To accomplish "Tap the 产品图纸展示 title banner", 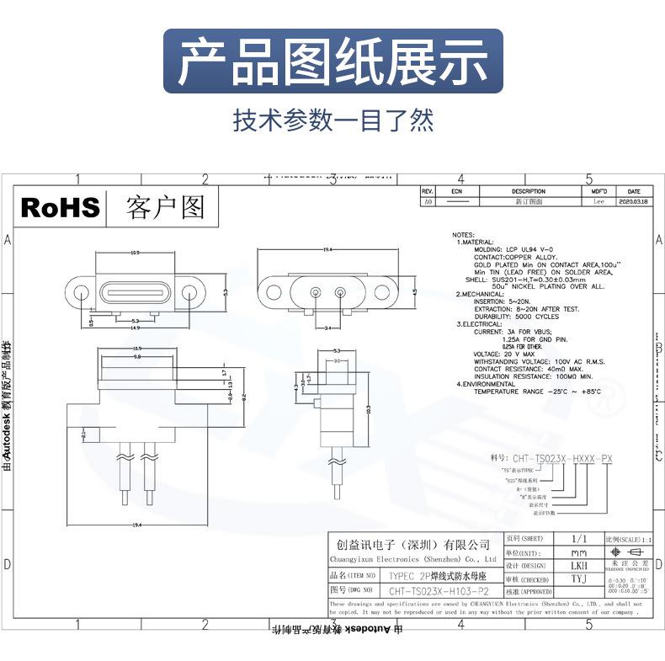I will tap(332, 61).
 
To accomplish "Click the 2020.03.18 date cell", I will tap(635, 202).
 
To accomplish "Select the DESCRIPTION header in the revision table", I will tap(529, 192).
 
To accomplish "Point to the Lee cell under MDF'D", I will tap(598, 202).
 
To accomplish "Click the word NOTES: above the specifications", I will tap(464, 235).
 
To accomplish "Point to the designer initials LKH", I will tap(580, 566).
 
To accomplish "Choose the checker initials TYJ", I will tap(580, 579).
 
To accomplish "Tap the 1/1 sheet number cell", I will tap(579, 538).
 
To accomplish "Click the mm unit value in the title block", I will tap(580, 552).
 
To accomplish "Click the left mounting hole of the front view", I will tap(81, 293).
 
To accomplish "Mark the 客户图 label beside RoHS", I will tap(165, 207).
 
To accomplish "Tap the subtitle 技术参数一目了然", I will tap(332, 120).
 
